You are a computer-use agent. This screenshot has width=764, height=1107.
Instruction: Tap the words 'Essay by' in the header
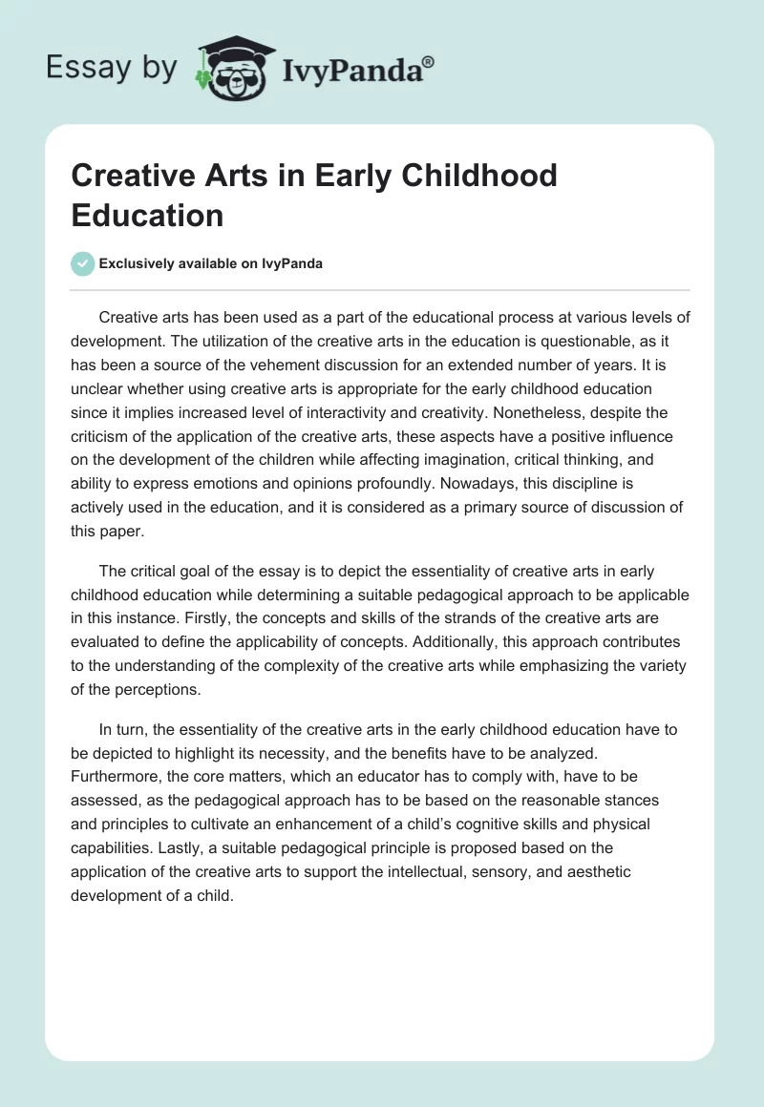pyautogui.click(x=111, y=68)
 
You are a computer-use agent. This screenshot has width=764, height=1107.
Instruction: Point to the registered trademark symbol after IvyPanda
pyautogui.click(x=429, y=62)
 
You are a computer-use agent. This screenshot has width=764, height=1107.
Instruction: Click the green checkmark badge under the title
pyautogui.click(x=83, y=263)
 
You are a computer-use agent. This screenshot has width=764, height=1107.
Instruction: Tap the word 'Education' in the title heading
pyautogui.click(x=147, y=215)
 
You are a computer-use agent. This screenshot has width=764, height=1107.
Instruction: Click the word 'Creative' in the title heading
pyautogui.click(x=136, y=177)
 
